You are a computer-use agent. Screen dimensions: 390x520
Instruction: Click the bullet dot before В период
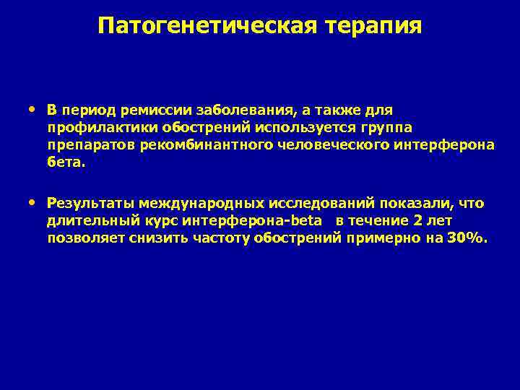coord(34,110)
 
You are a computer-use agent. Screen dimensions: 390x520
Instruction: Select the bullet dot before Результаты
coord(34,202)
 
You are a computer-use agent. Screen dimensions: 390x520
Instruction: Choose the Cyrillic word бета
coord(66,162)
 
